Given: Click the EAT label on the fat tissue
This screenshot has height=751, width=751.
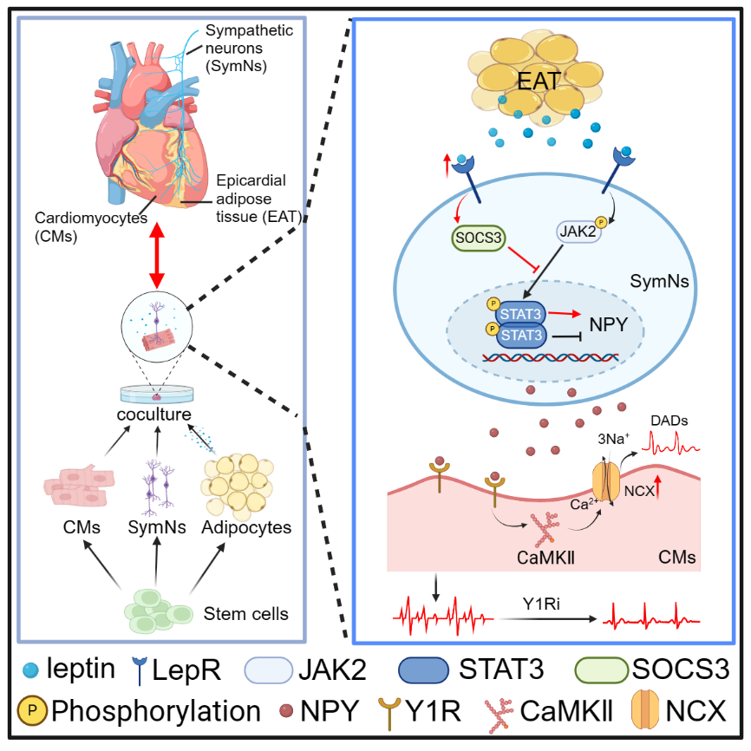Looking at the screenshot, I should pos(538,82).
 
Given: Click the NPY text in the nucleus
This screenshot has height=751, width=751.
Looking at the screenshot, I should pos(609,323).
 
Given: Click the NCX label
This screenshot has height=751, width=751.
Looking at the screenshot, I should pos(638,490).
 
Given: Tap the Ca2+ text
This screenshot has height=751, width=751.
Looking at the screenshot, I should pos(581,503).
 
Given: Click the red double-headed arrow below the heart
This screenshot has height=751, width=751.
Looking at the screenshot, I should pos(157,255).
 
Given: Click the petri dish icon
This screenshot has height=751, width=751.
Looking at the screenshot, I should pos(157,395).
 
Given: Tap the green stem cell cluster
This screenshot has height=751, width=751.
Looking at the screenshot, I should pos(157,610).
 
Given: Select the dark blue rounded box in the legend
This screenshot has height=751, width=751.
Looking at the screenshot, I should pos(423,670).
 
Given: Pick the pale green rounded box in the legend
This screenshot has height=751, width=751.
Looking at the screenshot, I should pos(602,670).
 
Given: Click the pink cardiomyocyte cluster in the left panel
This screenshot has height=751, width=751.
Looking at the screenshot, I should pos(79,487).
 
